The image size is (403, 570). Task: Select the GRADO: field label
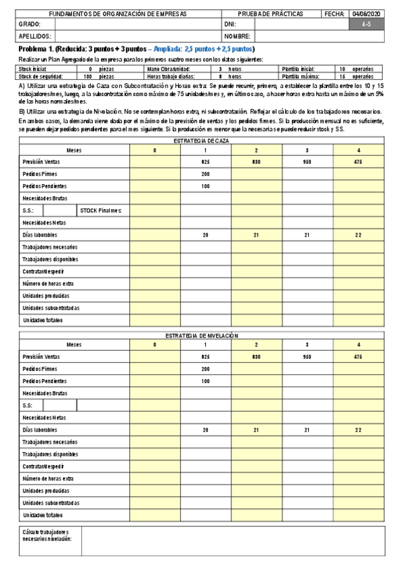30,24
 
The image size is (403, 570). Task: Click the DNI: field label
230,24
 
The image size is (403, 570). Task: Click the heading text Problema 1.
36,50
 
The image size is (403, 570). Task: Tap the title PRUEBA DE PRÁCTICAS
270,13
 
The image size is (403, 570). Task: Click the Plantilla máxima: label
299,77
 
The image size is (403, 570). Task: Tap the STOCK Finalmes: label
101,210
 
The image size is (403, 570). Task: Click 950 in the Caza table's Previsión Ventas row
307,162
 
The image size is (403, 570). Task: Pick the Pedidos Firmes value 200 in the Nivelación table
205,368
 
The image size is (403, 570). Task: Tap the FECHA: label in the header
334,13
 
